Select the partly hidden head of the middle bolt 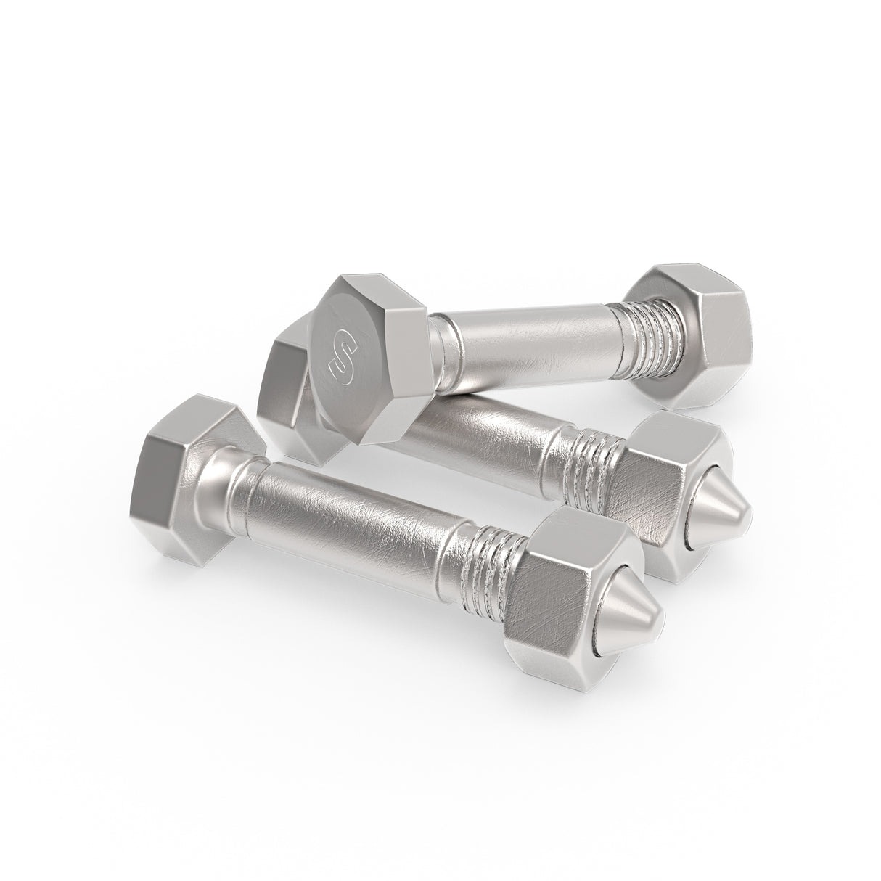287,406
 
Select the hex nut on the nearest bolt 552,588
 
